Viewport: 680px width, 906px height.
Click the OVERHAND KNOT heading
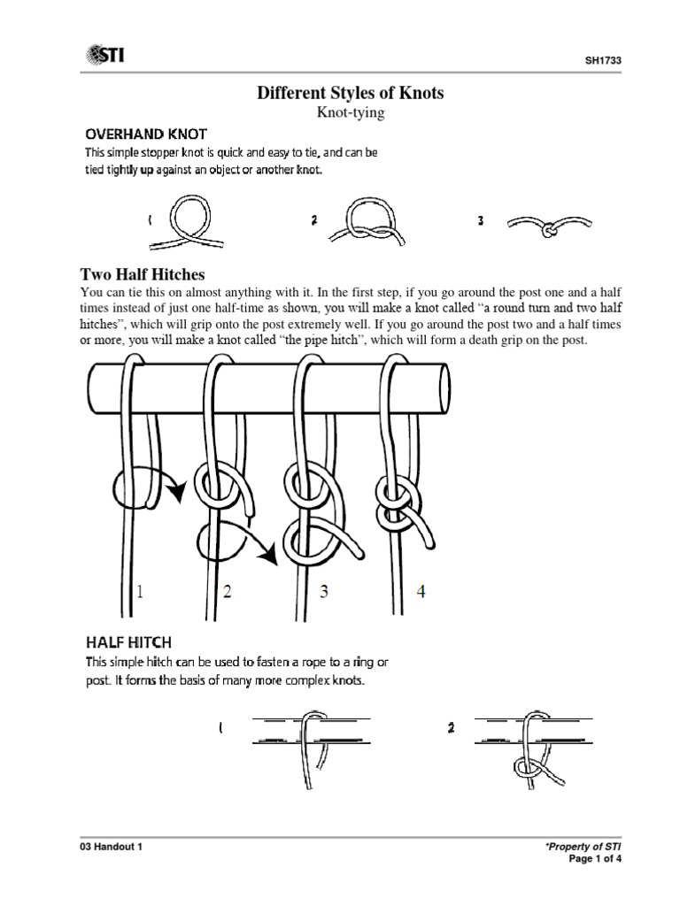coord(145,134)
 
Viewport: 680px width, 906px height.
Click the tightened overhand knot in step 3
coord(549,227)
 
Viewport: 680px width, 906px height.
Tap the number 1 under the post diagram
coord(141,592)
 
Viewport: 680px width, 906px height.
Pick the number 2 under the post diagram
coord(227,592)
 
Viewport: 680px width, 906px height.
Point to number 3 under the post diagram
coord(324,592)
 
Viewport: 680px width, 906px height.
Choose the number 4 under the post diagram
coord(421,592)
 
